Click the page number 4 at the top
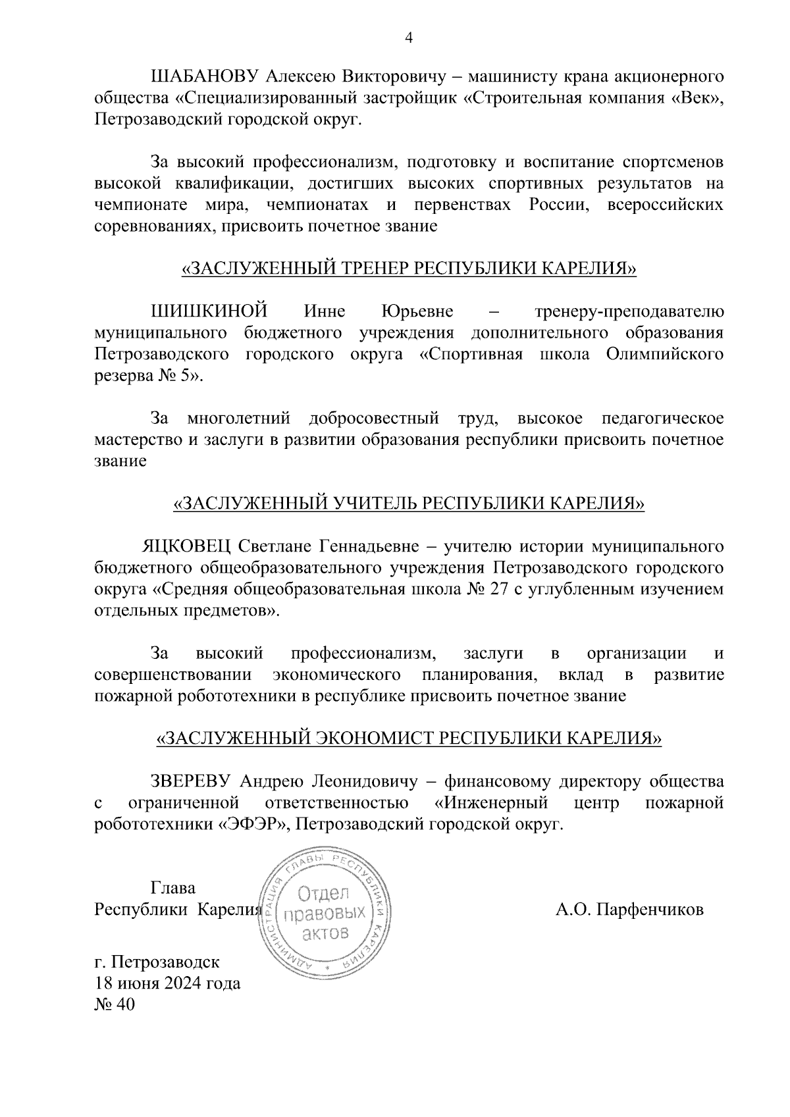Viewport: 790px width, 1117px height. point(408,39)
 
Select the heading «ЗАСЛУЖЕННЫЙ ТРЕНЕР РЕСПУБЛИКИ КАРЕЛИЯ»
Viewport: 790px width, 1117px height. point(408,269)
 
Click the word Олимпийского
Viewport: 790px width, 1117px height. point(664,354)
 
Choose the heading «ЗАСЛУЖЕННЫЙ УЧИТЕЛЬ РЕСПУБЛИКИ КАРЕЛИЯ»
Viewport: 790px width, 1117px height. point(408,504)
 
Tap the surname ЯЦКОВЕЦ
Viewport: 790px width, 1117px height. point(186,546)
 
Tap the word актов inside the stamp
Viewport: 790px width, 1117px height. point(325,934)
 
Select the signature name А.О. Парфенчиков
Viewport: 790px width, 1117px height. point(629,910)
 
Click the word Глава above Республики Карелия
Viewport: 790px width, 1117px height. point(173,888)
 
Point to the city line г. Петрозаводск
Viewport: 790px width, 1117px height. point(157,962)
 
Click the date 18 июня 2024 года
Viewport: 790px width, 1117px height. point(168,984)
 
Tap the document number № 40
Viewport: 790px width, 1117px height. point(115,1005)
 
